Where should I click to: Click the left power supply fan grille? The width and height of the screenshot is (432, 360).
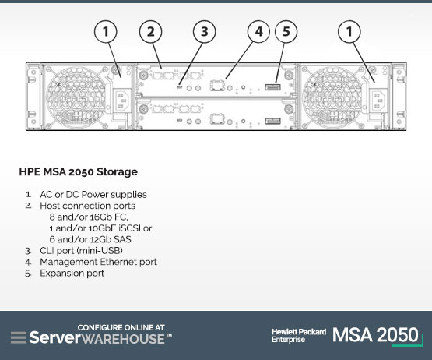click(76, 96)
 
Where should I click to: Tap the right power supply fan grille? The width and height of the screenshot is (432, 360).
click(332, 96)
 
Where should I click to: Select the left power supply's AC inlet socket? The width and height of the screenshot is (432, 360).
click(122, 101)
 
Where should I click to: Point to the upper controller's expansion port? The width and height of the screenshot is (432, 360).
click(272, 87)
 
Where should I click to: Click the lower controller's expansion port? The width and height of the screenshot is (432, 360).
click(272, 121)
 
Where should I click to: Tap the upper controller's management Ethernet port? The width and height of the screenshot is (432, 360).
click(217, 86)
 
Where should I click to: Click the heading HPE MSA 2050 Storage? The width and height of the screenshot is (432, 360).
click(79, 171)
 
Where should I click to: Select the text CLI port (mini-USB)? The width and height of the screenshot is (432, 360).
click(81, 250)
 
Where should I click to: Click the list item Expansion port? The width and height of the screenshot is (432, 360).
click(72, 273)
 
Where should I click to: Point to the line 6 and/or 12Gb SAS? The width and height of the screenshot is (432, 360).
click(90, 239)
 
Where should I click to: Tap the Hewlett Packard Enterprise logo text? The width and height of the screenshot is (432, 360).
click(299, 335)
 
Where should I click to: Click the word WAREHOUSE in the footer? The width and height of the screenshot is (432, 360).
click(123, 339)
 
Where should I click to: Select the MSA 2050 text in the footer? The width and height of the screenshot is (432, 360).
click(375, 335)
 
